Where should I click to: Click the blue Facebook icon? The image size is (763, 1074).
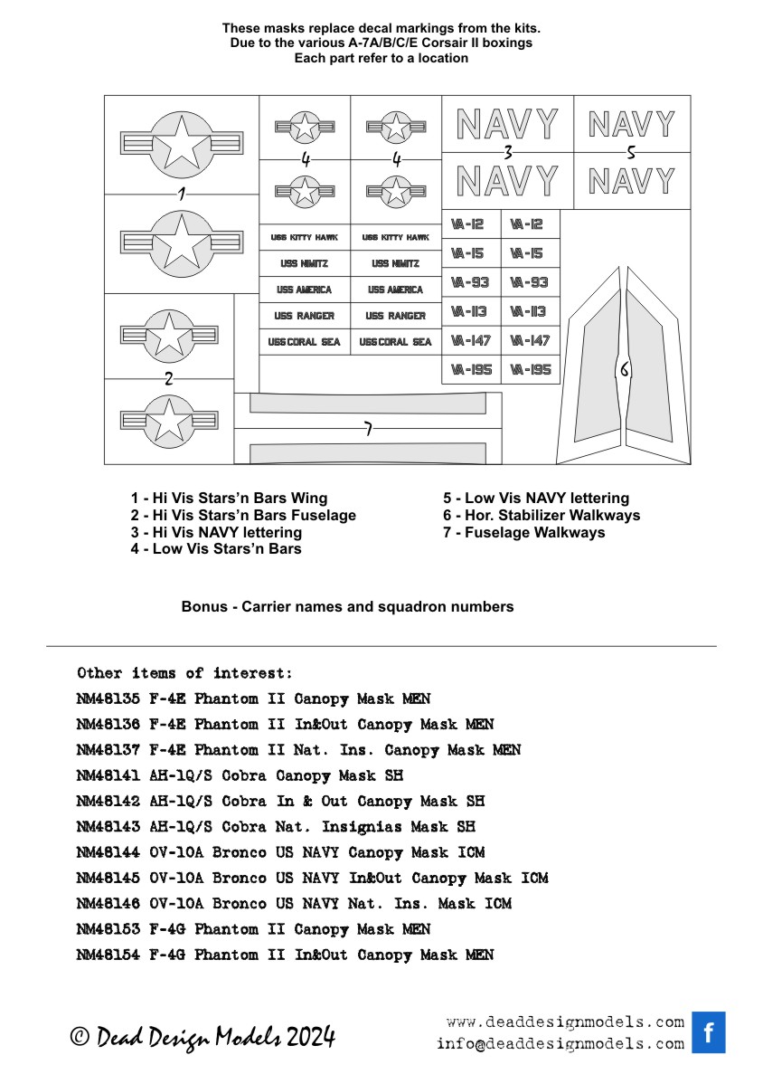click(x=709, y=1032)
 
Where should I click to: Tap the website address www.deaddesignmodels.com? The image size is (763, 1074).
click(x=565, y=1022)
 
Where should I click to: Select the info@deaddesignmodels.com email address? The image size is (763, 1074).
click(x=560, y=1043)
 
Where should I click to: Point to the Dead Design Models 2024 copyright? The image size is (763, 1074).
click(x=203, y=1037)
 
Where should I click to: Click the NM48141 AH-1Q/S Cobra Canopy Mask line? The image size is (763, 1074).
click(x=240, y=775)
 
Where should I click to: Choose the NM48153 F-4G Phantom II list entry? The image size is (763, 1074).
click(x=253, y=929)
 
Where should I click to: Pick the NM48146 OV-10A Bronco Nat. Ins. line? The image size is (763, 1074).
click(x=294, y=903)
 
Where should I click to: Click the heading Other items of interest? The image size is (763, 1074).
click(x=184, y=673)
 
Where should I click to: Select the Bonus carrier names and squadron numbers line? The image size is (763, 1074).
click(x=347, y=606)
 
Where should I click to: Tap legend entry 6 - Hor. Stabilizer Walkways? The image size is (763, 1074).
click(x=541, y=515)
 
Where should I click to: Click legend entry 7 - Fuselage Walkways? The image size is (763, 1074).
click(x=523, y=532)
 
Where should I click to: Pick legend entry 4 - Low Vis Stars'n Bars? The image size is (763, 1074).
click(x=216, y=548)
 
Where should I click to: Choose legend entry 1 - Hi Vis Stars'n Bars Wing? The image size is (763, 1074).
click(x=229, y=498)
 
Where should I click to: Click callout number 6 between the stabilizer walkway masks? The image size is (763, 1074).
click(x=623, y=369)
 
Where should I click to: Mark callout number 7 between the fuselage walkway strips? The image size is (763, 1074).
click(x=368, y=429)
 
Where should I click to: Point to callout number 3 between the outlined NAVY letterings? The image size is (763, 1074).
click(x=508, y=152)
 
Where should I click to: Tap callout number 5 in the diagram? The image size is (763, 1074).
click(x=631, y=152)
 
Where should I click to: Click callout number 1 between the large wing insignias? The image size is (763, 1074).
click(x=182, y=194)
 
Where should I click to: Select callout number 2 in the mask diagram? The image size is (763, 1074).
click(x=168, y=378)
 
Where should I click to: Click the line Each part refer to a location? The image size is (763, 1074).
click(x=381, y=58)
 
